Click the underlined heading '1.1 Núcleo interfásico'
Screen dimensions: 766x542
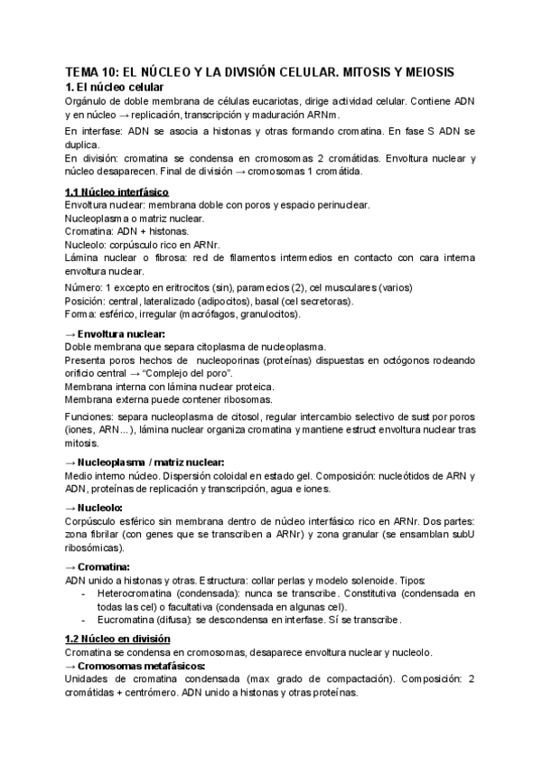pos(116,192)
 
